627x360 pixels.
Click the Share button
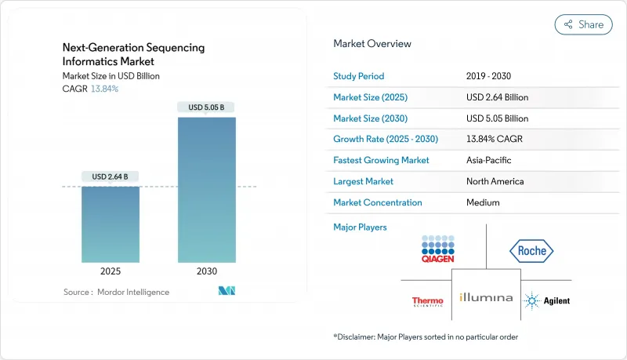583,24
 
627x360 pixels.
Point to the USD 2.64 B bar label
111,176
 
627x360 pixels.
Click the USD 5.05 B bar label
207,107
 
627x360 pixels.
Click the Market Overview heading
372,43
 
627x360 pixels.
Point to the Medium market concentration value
483,202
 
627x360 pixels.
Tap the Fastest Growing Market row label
382,160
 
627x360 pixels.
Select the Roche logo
531,251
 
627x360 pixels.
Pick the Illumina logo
486,298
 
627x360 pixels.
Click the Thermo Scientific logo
427,300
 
